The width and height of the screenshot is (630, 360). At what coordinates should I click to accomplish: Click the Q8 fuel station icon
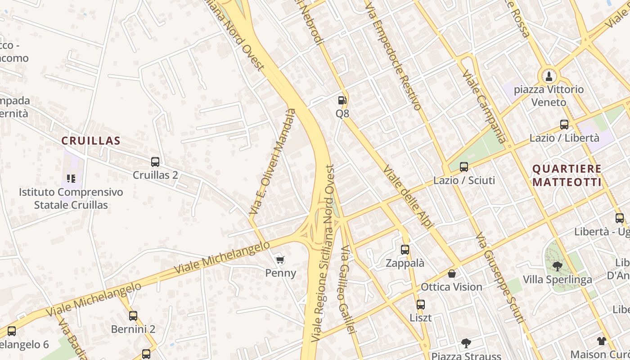coord(342,100)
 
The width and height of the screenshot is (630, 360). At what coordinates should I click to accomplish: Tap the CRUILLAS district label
coord(91,141)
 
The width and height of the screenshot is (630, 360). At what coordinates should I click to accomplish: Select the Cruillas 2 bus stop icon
coord(155,162)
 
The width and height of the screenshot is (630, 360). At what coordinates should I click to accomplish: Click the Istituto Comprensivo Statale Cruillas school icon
coord(71,179)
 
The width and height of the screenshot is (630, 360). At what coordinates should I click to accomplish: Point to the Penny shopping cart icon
coord(280,260)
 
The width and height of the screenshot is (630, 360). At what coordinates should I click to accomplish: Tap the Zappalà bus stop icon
coord(405,249)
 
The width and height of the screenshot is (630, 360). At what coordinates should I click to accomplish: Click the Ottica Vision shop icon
coord(452,274)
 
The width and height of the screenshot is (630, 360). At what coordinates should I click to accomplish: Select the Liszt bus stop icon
coord(420,304)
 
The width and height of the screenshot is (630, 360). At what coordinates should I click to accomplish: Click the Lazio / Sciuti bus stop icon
coord(464,167)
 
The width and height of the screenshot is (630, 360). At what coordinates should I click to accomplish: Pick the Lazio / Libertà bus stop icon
coord(564,125)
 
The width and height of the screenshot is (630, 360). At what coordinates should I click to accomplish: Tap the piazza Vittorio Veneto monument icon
coord(549,76)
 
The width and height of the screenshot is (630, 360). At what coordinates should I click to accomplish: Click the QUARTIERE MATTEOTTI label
coord(567,175)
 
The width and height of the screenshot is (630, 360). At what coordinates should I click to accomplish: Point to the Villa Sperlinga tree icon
coord(557,266)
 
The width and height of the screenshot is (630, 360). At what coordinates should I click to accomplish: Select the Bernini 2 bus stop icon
coord(133,315)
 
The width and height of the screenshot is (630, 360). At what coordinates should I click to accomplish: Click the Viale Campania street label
coord(484,106)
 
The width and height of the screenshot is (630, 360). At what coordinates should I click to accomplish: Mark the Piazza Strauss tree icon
coord(466,343)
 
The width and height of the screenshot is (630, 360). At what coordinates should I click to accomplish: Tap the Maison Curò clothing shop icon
coord(602,341)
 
